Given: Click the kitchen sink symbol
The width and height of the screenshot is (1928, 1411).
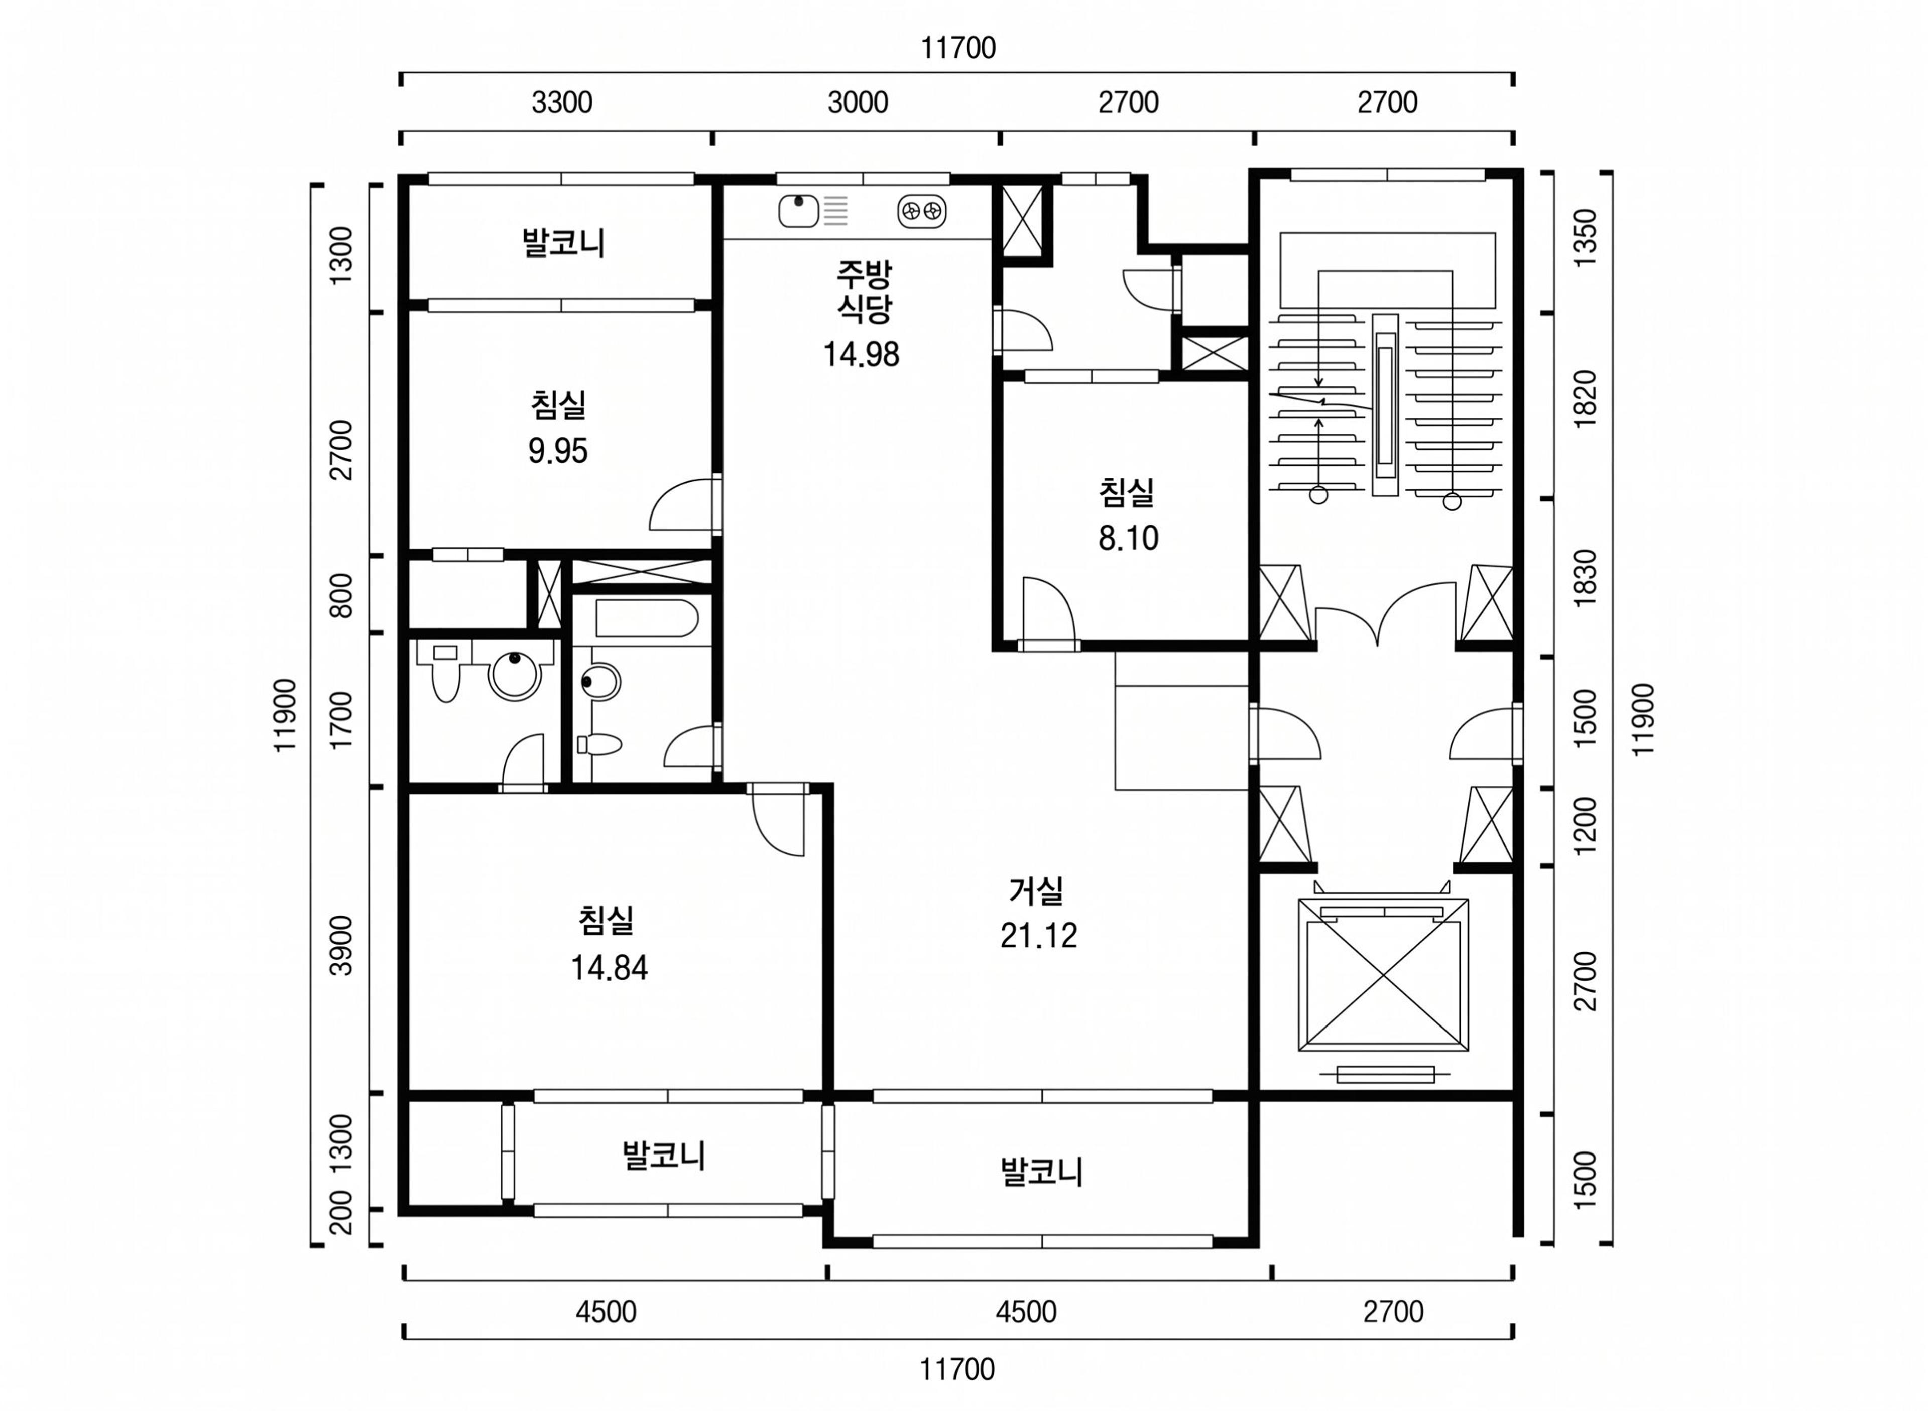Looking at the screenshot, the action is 799,210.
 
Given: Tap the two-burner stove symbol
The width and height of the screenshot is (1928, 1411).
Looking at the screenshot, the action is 922,211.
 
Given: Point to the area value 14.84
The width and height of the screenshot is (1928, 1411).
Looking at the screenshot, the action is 609,968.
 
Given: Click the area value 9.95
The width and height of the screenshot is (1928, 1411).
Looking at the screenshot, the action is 558,450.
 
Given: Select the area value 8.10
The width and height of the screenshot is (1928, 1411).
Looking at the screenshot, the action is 1129,538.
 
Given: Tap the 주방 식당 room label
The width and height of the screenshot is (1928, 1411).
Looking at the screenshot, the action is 864,291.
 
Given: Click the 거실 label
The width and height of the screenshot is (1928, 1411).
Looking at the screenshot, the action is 1036,891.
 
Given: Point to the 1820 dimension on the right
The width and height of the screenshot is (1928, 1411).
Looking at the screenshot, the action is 1585,399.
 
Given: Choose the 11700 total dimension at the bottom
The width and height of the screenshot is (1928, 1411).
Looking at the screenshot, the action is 957,1370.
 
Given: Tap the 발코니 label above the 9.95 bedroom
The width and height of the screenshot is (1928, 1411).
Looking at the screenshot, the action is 564,242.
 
